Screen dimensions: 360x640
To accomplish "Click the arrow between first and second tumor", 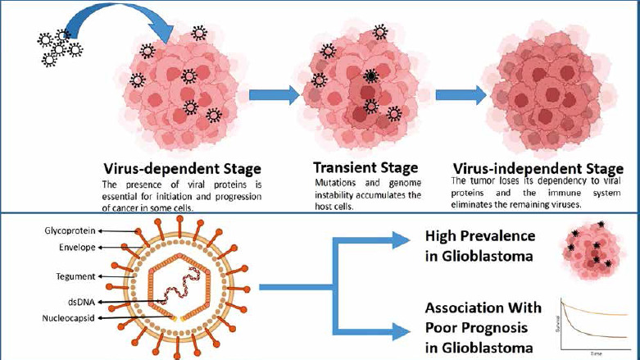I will tap(274, 94).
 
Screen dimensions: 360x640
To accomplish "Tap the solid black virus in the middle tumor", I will tap(372, 75).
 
